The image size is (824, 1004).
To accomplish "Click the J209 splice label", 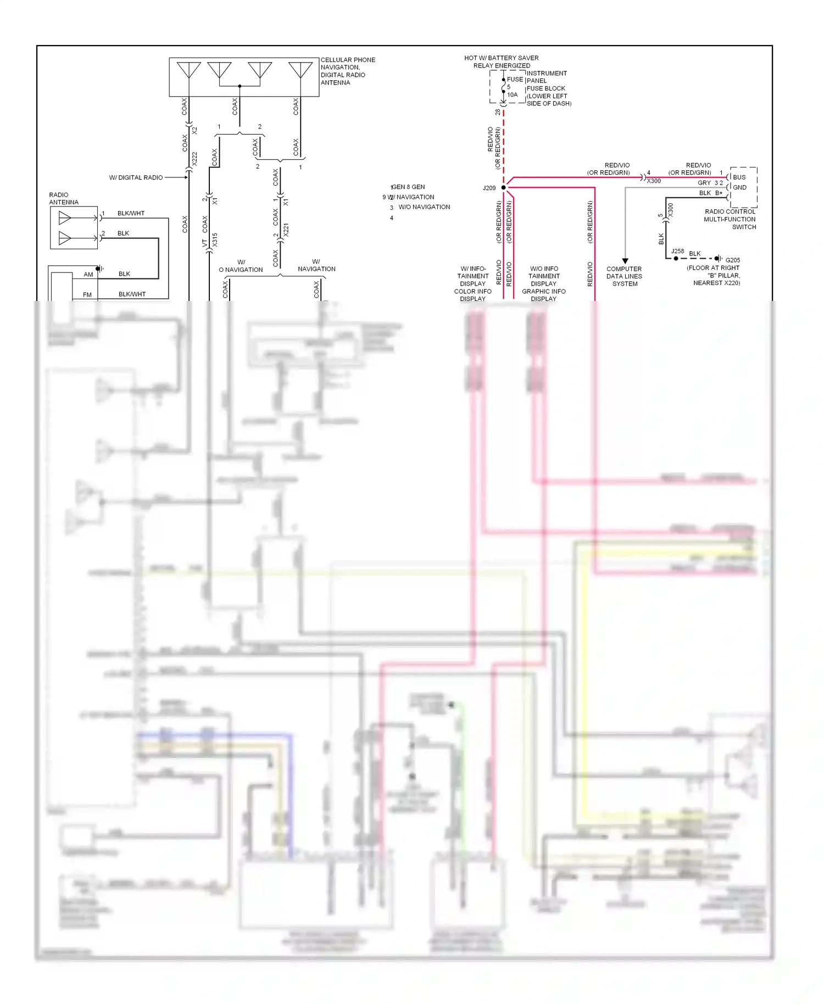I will click(489, 188).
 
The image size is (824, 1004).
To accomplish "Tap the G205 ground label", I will click(732, 260).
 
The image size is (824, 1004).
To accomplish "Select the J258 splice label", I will click(677, 251).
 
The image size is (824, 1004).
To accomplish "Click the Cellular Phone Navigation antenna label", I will click(347, 71).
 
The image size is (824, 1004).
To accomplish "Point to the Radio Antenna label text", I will click(64, 198).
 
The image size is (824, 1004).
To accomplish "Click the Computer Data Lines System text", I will click(625, 276).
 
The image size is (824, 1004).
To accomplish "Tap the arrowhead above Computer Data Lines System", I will click(625, 261).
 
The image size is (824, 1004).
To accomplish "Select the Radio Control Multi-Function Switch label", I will click(730, 219).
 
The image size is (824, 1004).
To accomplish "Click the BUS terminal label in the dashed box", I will click(739, 177).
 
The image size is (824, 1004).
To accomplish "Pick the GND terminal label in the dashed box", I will click(739, 187).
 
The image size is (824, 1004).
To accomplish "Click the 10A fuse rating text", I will click(512, 94).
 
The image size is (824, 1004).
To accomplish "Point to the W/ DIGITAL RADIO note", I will click(136, 177).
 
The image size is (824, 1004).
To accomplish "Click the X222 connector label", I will click(194, 159).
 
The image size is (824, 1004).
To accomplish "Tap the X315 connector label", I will click(215, 239).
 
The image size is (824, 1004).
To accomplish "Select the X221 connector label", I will click(286, 230).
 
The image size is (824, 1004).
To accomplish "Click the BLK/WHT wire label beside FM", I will click(132, 294).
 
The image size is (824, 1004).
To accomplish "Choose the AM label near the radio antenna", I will click(88, 274).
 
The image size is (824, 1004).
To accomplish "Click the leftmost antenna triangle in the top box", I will click(188, 70).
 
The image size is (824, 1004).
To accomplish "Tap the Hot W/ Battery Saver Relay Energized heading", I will click(501, 62).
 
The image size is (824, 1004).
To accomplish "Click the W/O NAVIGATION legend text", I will click(424, 207).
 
